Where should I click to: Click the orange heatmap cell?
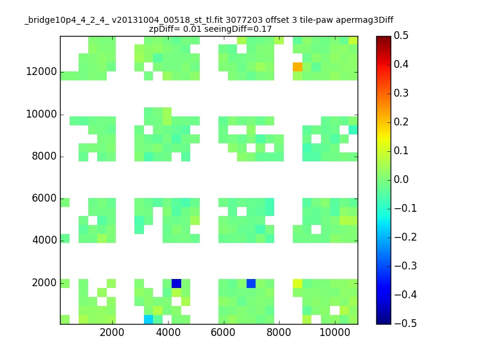[298, 67]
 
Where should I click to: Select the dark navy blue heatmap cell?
[176, 283]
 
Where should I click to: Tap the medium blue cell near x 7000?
[251, 283]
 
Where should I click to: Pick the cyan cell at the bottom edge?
[148, 320]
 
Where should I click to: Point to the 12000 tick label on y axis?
[41, 71]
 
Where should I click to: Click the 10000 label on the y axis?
[41, 114]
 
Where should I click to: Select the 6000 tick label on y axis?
[44, 198]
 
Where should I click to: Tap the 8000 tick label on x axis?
[278, 332]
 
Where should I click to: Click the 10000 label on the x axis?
[335, 332]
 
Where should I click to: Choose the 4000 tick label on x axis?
[168, 332]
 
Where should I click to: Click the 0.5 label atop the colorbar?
[401, 35]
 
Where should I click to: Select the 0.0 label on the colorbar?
[401, 179]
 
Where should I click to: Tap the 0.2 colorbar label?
[401, 122]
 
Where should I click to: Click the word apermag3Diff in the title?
[364, 20]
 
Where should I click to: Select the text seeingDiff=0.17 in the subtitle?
[238, 29]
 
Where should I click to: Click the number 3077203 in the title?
[244, 20]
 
